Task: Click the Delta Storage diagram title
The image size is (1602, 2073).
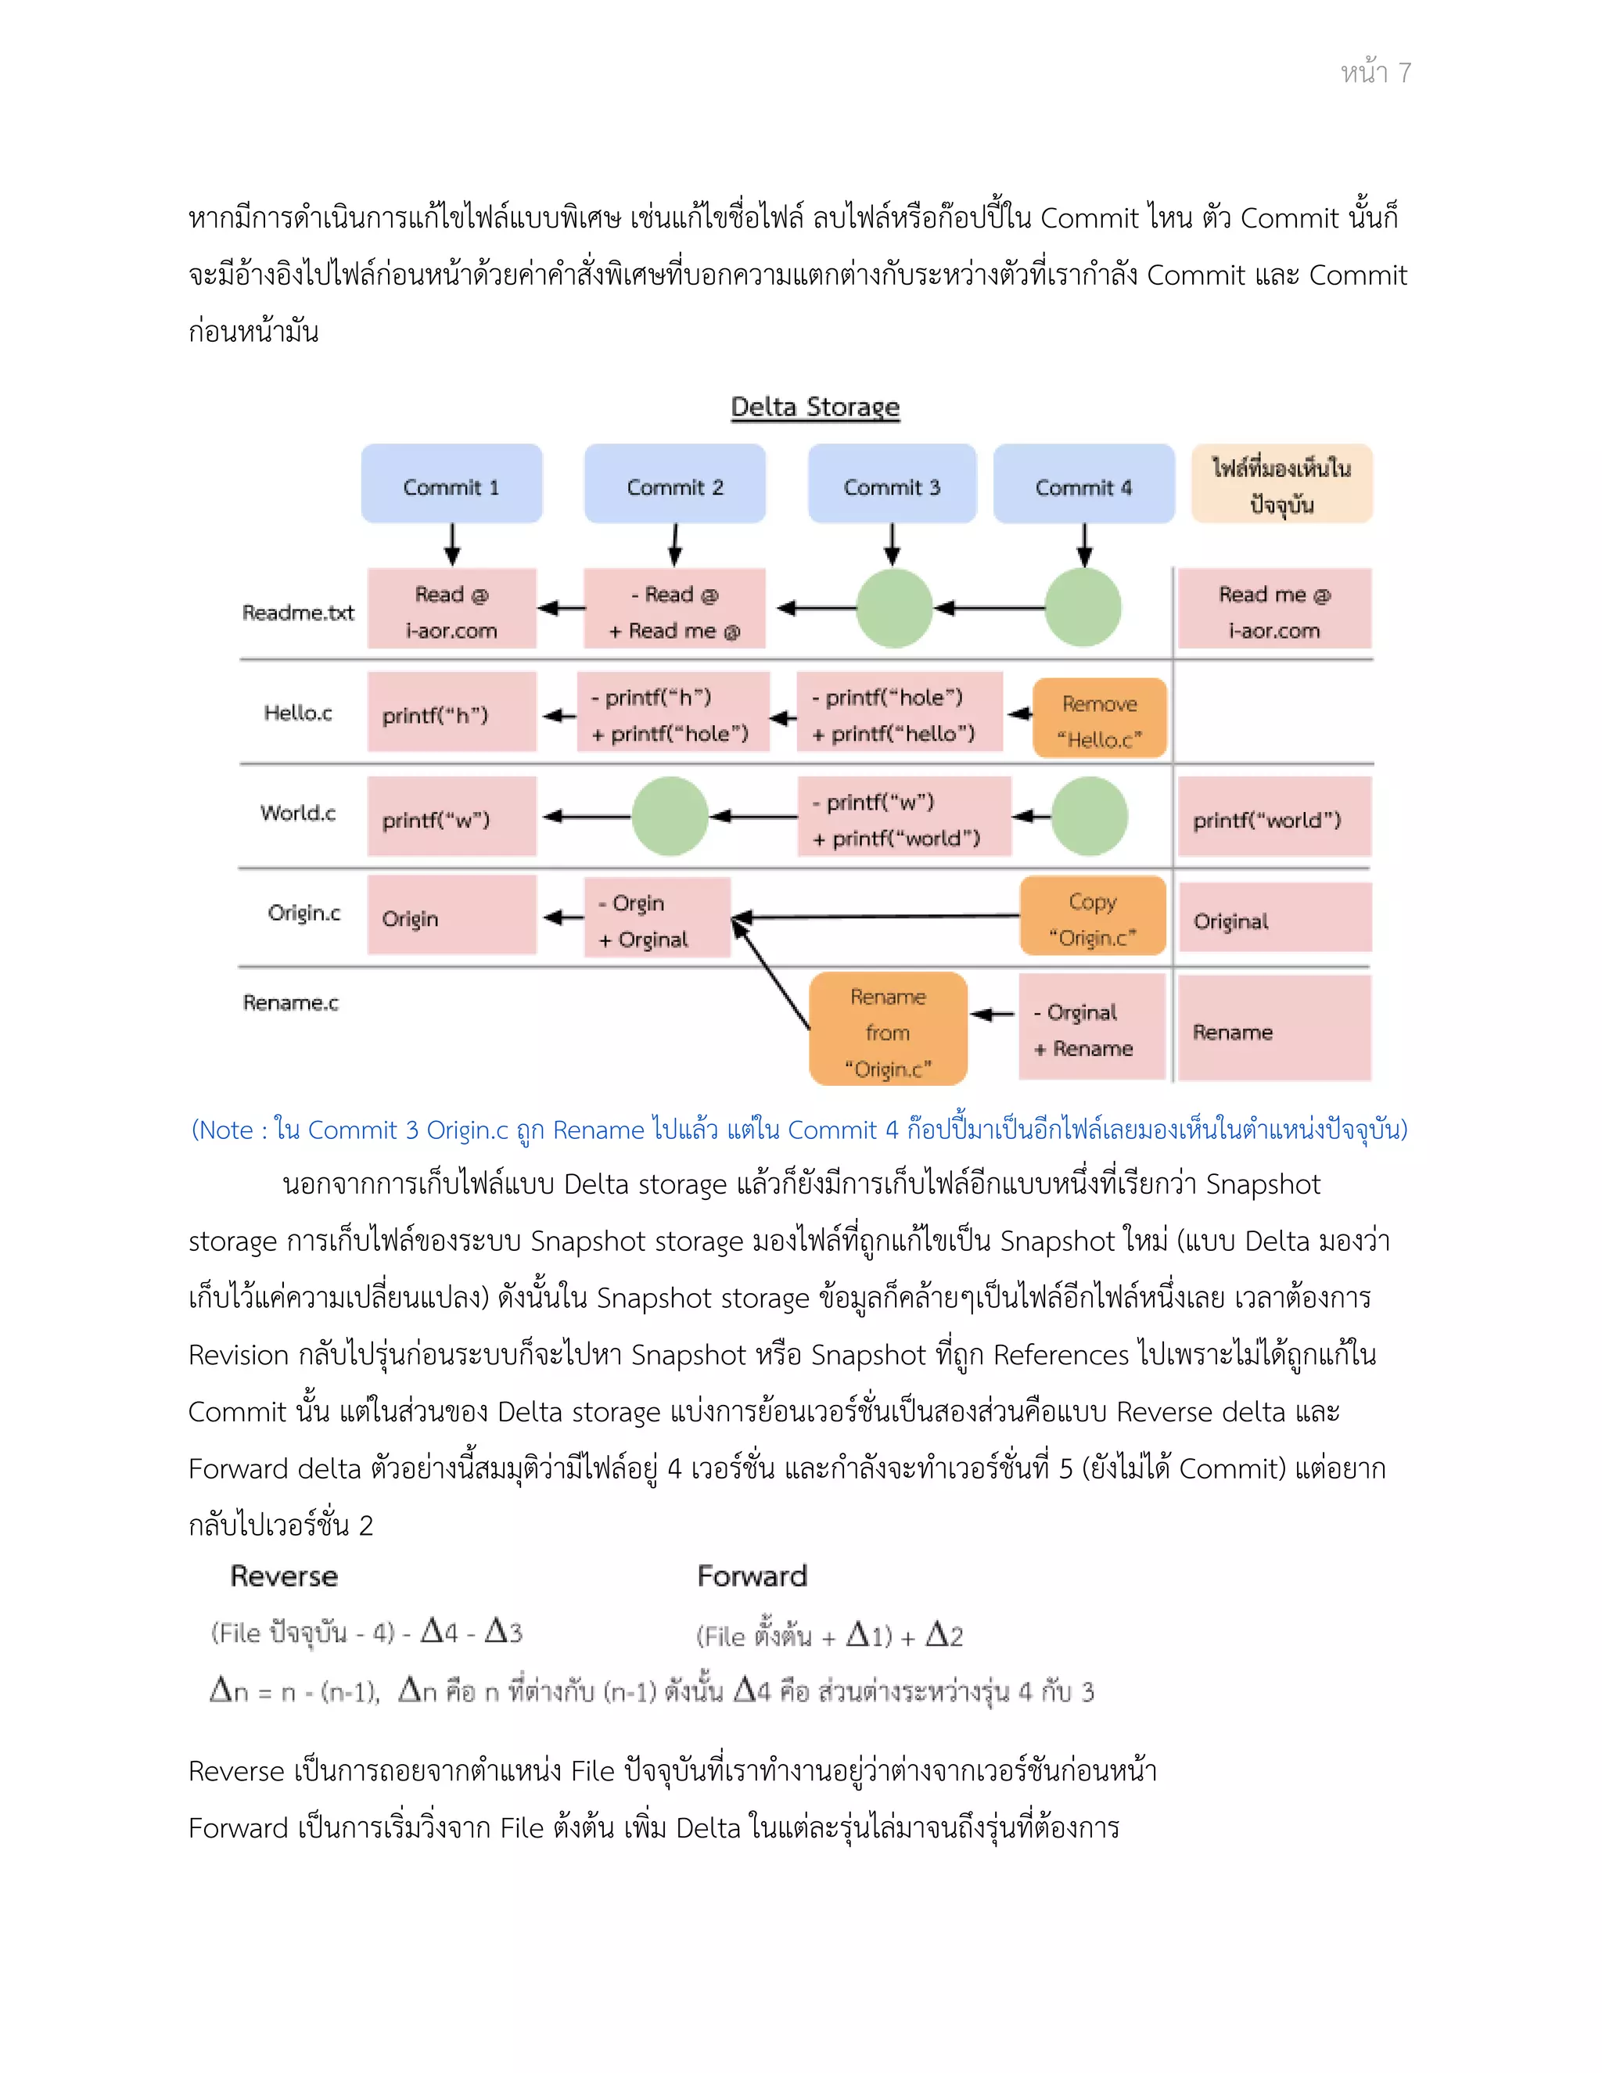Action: [814, 408]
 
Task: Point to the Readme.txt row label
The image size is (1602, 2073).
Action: [297, 613]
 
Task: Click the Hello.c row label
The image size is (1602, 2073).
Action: [298, 713]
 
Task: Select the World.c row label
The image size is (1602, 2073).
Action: [298, 813]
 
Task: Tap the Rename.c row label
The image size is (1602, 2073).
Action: [290, 1002]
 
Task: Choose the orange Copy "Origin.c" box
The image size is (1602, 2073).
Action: [1091, 917]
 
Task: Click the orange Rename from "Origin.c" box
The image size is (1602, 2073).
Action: [887, 1029]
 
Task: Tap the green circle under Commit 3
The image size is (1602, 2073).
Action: [894, 609]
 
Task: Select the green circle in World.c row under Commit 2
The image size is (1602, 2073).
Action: [670, 816]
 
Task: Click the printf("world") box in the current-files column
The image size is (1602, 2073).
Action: [1273, 818]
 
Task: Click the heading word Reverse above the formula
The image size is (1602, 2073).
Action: [284, 1576]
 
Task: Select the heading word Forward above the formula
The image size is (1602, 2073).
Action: [752, 1576]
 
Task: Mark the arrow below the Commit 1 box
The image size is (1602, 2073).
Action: [452, 544]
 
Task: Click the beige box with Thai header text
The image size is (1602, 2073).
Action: [1281, 484]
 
